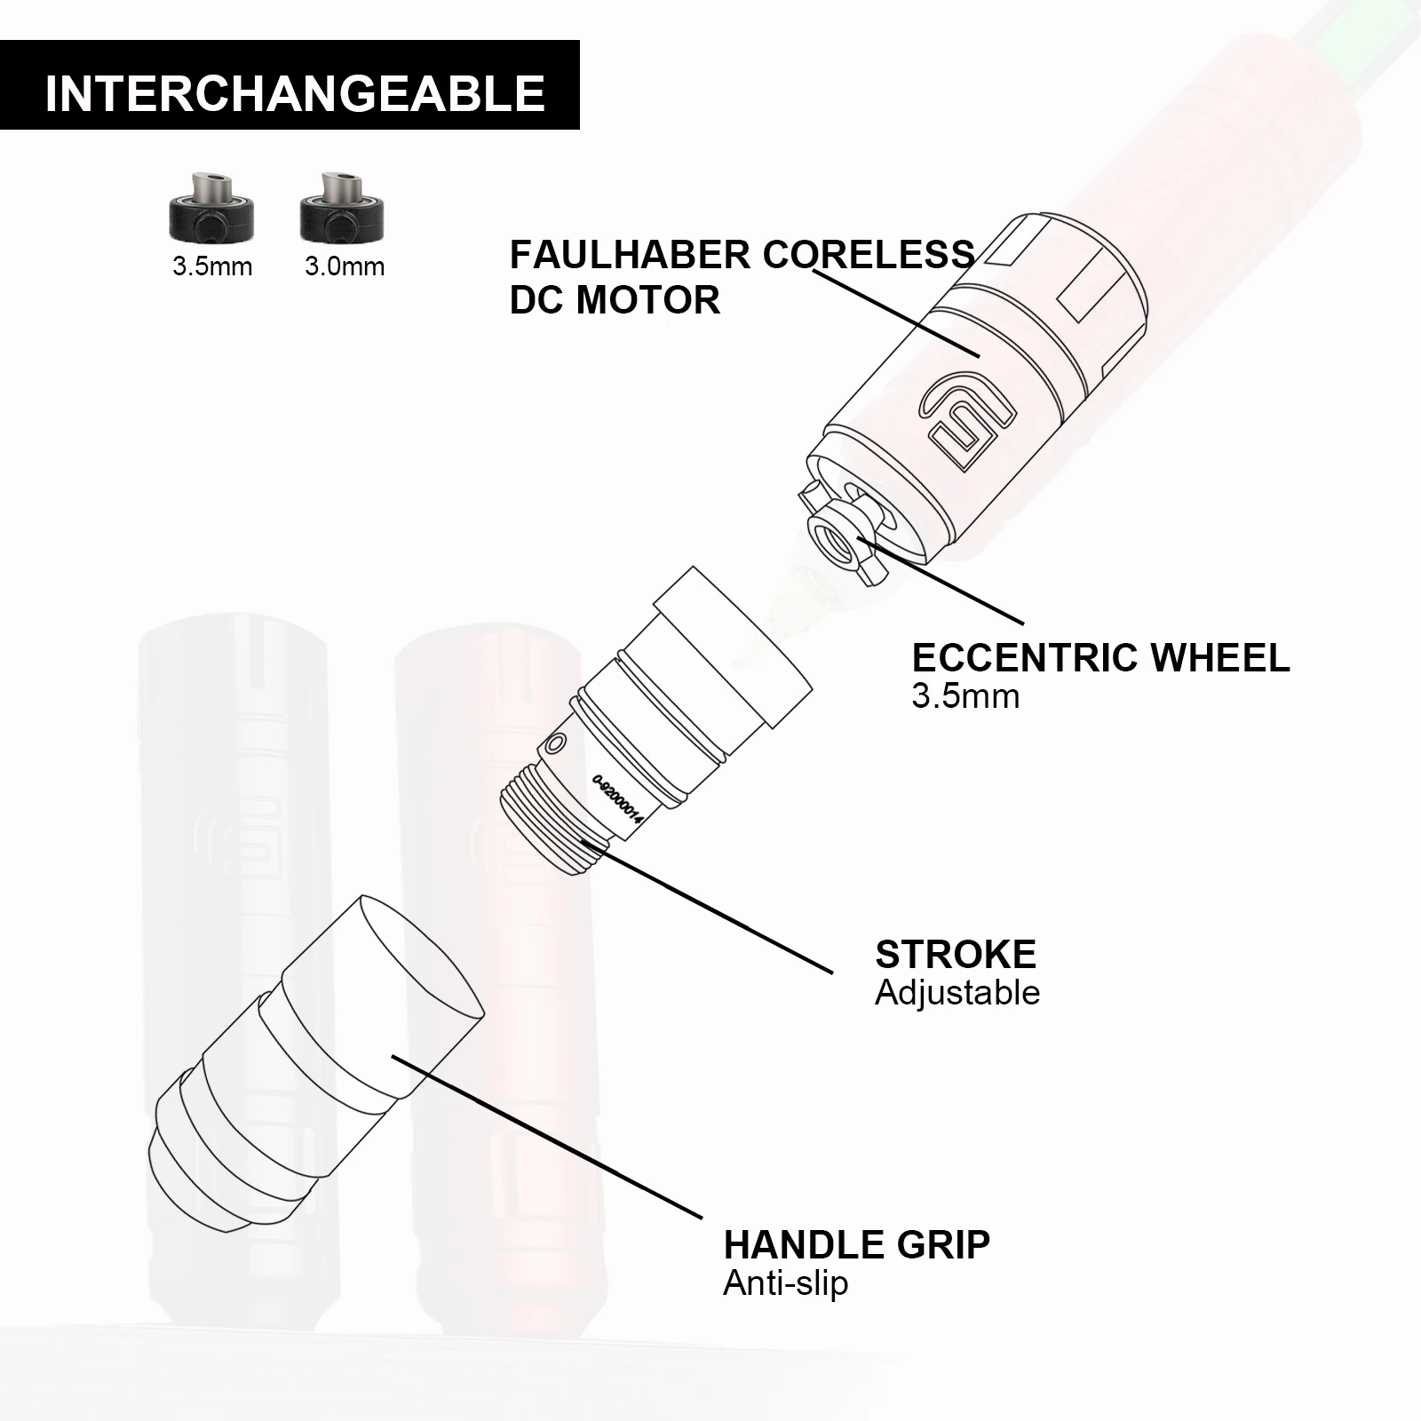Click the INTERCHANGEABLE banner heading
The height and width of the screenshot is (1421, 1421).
click(294, 92)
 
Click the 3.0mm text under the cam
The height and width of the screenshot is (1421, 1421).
click(345, 266)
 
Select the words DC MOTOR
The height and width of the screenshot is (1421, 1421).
click(615, 300)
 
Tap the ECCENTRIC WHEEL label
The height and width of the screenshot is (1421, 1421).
click(1100, 658)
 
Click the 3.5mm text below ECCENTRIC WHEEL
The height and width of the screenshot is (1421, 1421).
click(965, 696)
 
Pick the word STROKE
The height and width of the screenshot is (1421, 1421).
click(956, 955)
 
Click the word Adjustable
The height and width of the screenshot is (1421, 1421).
click(957, 993)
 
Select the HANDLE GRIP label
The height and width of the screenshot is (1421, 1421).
click(856, 1245)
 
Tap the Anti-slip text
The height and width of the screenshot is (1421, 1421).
click(785, 1283)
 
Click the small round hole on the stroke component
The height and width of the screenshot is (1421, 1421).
click(557, 742)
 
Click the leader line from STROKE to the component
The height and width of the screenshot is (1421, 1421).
click(710, 906)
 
